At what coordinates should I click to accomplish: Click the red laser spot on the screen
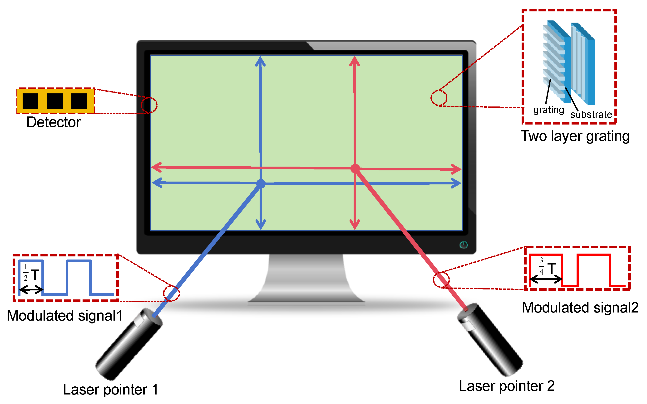pyautogui.click(x=355, y=168)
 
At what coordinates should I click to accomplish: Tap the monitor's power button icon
pyautogui.click(x=464, y=245)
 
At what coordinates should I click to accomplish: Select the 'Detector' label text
pyautogui.click(x=54, y=122)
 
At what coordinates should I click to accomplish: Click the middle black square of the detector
pyautogui.click(x=55, y=101)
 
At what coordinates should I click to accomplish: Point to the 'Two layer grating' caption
pyautogui.click(x=575, y=136)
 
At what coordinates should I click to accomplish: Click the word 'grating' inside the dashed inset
pyautogui.click(x=548, y=110)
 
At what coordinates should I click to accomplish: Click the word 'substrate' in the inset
pyautogui.click(x=591, y=114)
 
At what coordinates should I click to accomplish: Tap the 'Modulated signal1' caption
pyautogui.click(x=64, y=316)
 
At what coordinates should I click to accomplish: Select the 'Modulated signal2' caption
pyautogui.click(x=580, y=308)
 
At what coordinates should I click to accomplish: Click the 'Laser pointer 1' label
pyautogui.click(x=110, y=390)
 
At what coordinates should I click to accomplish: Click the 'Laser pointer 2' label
pyautogui.click(x=507, y=386)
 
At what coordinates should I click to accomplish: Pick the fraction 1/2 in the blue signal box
pyautogui.click(x=26, y=273)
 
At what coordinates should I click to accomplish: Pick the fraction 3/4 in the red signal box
pyautogui.click(x=541, y=266)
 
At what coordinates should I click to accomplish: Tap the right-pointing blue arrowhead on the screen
pyautogui.click(x=456, y=183)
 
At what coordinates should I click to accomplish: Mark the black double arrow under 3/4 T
pyautogui.click(x=546, y=279)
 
